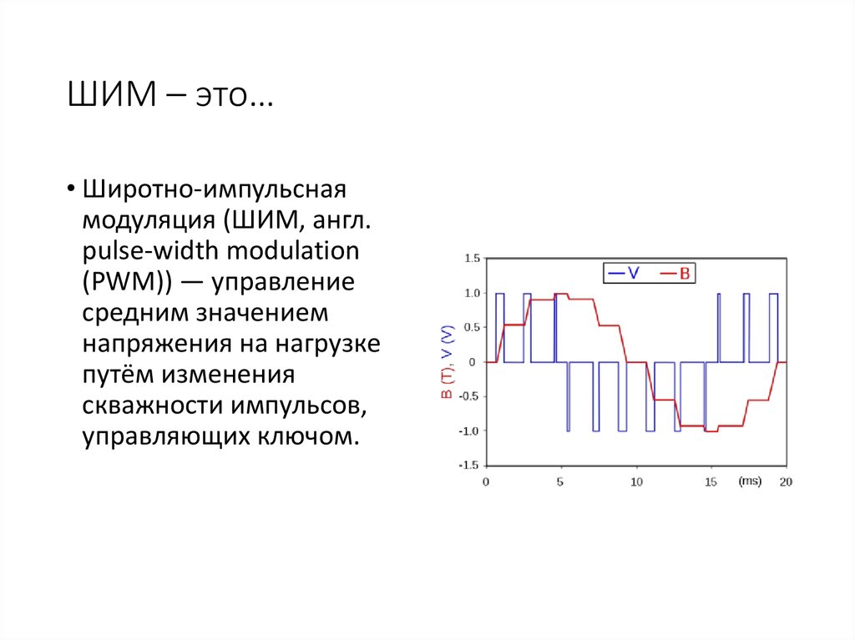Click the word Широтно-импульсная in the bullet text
213,189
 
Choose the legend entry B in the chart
683,272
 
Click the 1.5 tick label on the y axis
471,259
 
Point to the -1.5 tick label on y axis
468,465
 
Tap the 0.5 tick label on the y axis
471,327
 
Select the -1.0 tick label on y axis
468,431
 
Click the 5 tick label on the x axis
560,482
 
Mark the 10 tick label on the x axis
635,482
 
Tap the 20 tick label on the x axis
785,482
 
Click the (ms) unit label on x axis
749,481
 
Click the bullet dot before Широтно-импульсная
73,189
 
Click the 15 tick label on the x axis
711,482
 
